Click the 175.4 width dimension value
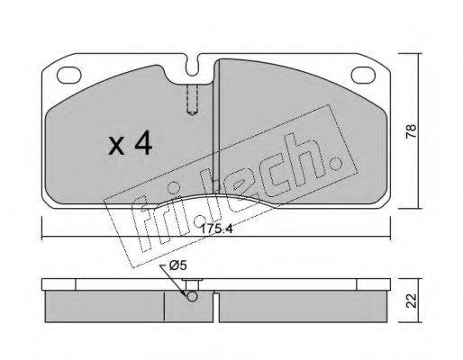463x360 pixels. [216, 229]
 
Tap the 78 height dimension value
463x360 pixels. [412, 130]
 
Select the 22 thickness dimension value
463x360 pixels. [412, 301]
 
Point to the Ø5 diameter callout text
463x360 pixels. [177, 265]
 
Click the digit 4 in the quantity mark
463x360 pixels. [143, 144]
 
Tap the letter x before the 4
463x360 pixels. [116, 146]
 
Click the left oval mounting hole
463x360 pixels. [69, 75]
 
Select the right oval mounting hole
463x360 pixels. [363, 75]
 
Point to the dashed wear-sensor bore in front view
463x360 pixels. [192, 100]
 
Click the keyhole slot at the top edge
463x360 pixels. [192, 65]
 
